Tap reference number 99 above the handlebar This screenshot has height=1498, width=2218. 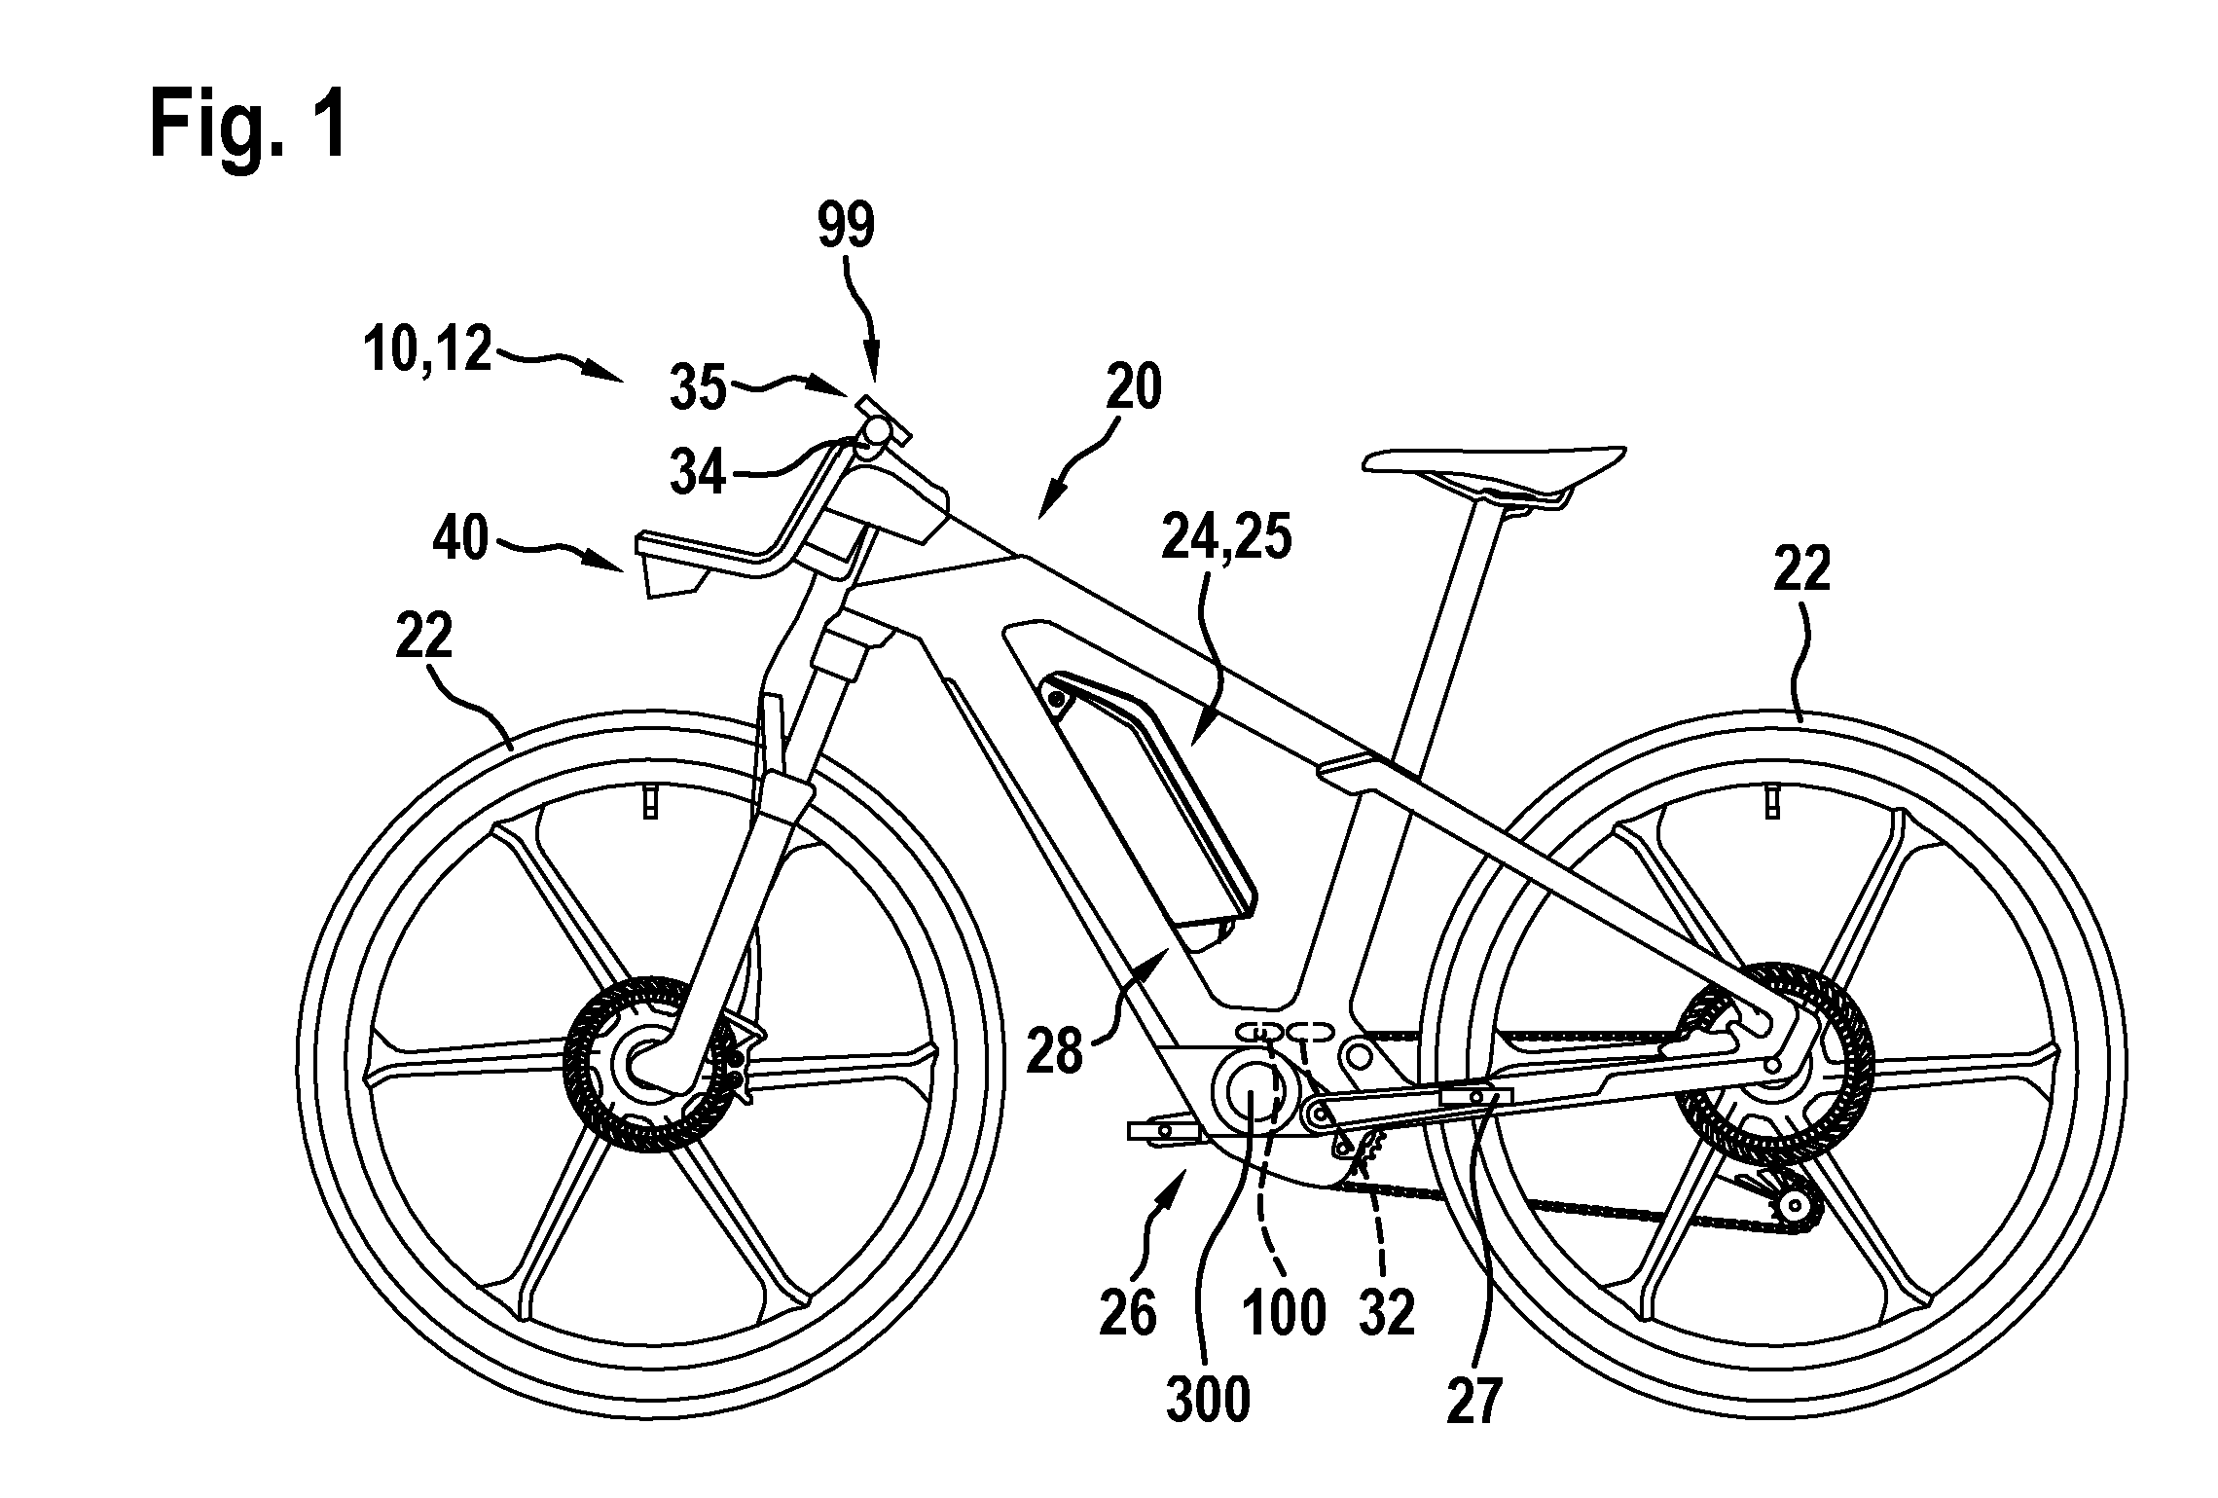pyautogui.click(x=845, y=225)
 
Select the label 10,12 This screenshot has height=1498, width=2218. pyautogui.click(x=427, y=349)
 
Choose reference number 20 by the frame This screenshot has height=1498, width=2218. pyautogui.click(x=1135, y=387)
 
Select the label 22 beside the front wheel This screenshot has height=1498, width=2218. pyautogui.click(x=425, y=637)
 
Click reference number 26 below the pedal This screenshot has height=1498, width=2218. pyautogui.click(x=1129, y=1313)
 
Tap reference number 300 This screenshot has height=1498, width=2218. pyautogui.click(x=1208, y=1401)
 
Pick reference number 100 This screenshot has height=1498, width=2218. pyautogui.click(x=1284, y=1313)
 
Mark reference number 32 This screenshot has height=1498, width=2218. pyautogui.click(x=1386, y=1313)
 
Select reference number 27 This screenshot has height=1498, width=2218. pyautogui.click(x=1474, y=1401)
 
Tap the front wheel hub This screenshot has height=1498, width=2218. pyautogui.click(x=645, y=1059)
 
